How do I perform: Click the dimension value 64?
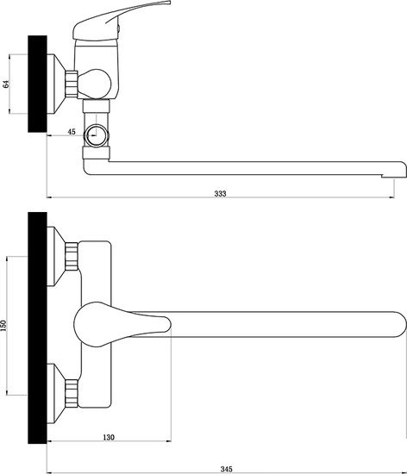pos(6,84)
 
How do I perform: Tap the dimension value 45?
pos(72,132)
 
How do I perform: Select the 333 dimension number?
pos(220,193)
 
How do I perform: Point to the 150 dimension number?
pos(3,326)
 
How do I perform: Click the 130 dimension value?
pos(109,437)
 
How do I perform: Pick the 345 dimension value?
pos(226,469)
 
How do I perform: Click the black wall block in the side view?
pos(37,84)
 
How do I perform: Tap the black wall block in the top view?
pos(37,327)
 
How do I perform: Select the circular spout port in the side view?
pos(97,135)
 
